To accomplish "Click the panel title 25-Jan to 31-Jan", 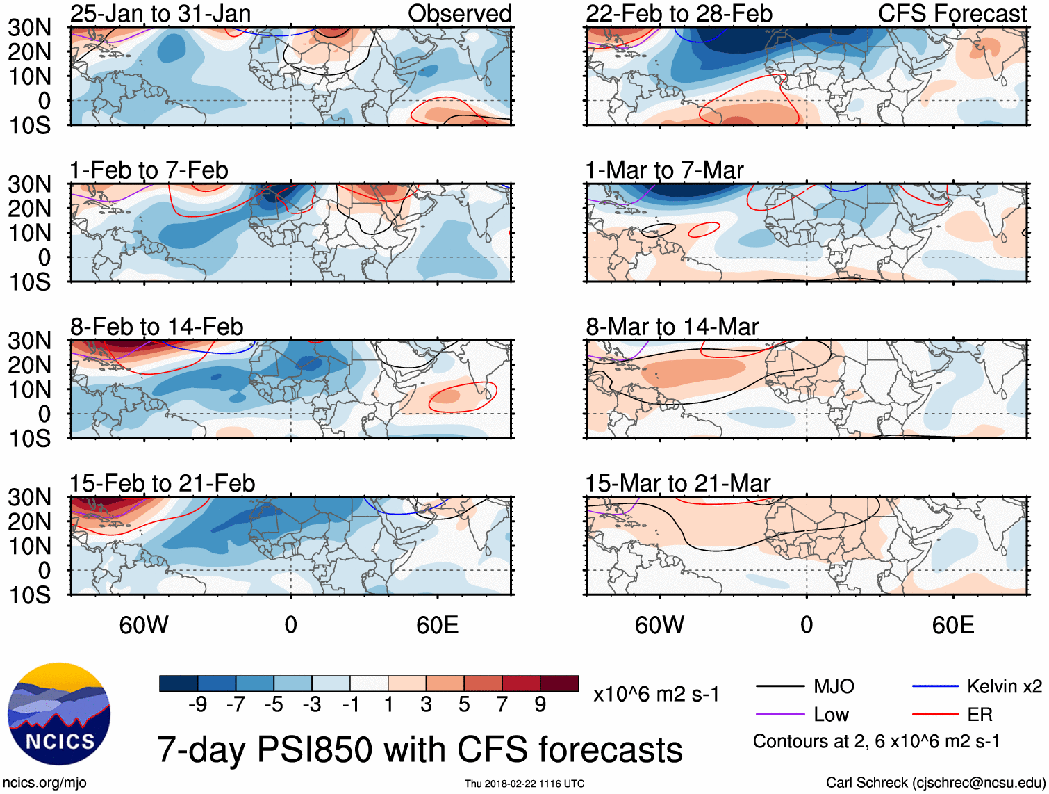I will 160,13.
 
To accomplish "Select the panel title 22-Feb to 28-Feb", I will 679,13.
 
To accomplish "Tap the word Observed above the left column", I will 459,13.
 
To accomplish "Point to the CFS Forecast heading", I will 952,13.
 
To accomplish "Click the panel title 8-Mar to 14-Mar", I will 672,327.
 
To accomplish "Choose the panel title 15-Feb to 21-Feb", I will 163,483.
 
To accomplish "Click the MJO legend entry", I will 834,686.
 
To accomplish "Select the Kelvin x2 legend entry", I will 1004,686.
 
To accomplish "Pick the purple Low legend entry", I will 831,714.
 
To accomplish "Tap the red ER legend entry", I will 980,714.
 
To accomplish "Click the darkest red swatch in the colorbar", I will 559,683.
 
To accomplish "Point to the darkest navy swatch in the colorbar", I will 179,683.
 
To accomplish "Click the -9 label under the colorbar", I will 198,704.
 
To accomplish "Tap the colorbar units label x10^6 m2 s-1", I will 656,694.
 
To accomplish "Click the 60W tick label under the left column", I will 144,625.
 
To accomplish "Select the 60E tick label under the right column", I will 952,625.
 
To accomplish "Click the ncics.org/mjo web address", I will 44,783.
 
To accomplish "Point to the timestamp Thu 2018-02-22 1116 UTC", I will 524,784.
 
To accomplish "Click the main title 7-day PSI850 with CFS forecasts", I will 420,750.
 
